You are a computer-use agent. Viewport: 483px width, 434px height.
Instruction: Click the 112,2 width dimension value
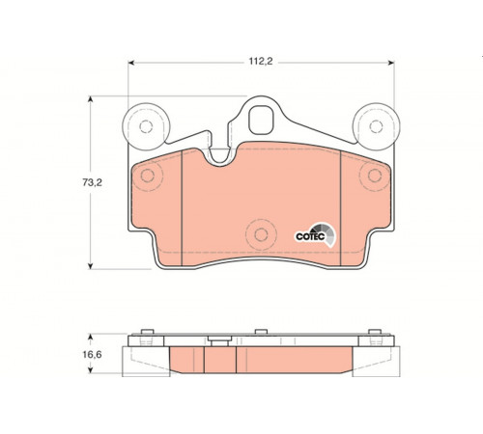(x=261, y=61)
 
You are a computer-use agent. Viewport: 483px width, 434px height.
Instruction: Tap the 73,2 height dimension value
(x=92, y=182)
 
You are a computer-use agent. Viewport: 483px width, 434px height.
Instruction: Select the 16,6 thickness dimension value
(x=92, y=355)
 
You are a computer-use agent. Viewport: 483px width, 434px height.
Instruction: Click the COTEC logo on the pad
(x=316, y=235)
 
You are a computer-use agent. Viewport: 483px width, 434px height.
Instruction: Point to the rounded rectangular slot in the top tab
(x=261, y=120)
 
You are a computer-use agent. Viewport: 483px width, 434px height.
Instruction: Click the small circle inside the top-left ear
(x=146, y=126)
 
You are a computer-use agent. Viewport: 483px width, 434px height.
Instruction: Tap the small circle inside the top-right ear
(x=376, y=126)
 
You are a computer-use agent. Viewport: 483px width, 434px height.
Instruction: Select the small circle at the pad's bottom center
(x=261, y=234)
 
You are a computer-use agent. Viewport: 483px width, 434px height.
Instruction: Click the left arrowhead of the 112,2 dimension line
(x=130, y=63)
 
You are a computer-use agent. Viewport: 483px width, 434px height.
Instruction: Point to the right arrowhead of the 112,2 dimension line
(x=391, y=63)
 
